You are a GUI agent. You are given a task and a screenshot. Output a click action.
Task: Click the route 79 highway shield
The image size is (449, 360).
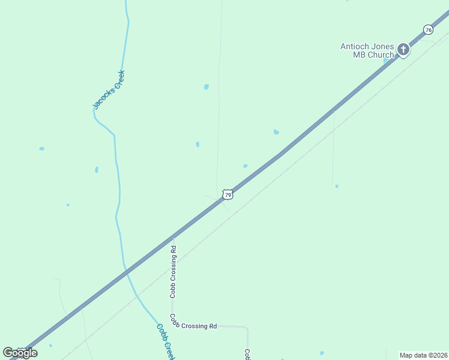(x=227, y=194)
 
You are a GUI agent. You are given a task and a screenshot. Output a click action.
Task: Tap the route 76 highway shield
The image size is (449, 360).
(x=427, y=29)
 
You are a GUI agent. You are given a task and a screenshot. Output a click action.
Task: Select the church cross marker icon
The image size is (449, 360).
(x=403, y=49)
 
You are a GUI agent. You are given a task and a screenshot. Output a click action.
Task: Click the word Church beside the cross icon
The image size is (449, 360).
(x=381, y=55)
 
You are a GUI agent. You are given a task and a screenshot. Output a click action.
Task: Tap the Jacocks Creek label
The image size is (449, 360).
(x=109, y=89)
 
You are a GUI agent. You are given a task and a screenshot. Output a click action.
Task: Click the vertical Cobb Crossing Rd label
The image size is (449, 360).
(x=173, y=271)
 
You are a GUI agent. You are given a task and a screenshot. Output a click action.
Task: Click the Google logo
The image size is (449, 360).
(x=20, y=353)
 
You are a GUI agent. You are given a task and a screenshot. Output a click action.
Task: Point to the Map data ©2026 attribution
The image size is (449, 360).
(x=423, y=355)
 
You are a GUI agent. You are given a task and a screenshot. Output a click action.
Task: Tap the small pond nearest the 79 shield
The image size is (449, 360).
(x=246, y=166)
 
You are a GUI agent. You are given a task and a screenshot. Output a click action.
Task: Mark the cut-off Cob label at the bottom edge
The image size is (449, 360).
(x=247, y=354)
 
